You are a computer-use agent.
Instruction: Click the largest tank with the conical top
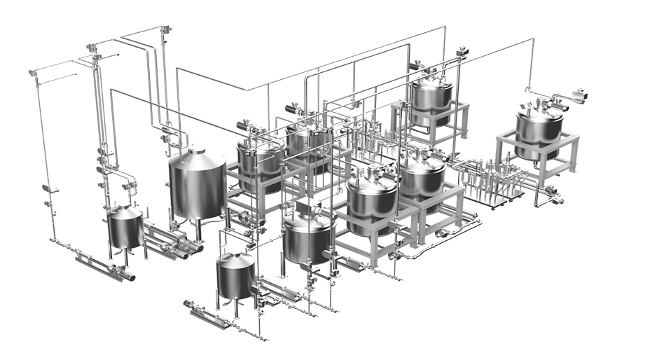point(198,186)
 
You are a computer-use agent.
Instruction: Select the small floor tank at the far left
point(125,228)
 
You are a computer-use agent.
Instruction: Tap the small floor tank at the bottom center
point(235,275)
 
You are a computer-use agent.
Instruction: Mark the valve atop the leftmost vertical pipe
point(32,73)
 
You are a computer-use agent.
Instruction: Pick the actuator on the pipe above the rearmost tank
point(463,53)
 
